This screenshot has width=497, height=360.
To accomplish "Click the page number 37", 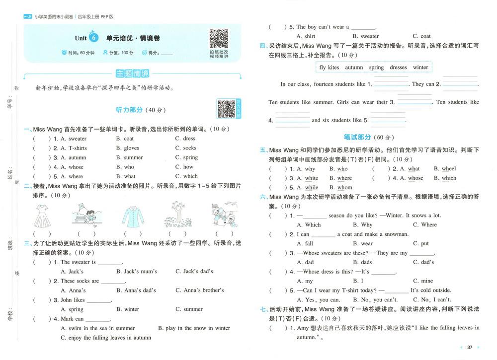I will click(x=469, y=347).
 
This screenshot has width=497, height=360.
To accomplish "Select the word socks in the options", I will click(x=189, y=148).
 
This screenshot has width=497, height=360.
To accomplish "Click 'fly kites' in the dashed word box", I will click(x=329, y=68).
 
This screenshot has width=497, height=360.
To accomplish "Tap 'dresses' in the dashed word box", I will click(x=398, y=68).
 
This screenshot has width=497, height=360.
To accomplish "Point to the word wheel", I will click(x=448, y=169).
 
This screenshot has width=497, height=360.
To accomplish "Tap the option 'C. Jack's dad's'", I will click(x=194, y=272).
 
